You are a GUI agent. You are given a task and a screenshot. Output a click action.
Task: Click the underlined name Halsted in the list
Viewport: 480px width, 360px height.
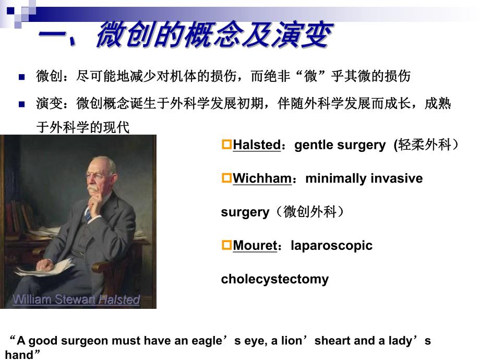[257, 146]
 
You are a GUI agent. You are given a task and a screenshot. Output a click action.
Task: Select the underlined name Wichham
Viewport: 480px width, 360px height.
[262, 179]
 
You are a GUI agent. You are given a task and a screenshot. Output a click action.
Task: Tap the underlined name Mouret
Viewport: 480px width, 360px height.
[255, 246]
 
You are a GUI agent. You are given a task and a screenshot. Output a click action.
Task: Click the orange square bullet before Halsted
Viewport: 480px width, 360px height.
[226, 145]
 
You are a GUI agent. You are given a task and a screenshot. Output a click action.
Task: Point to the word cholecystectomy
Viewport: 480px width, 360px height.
[274, 279]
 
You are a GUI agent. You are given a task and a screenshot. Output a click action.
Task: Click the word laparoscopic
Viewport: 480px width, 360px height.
[331, 246]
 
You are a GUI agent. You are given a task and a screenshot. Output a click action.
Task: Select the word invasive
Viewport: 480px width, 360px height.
[397, 179]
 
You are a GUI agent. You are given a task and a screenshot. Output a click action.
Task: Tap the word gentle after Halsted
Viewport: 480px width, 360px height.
[312, 146]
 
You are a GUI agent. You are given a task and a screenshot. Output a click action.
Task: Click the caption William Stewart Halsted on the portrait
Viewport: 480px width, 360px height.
[76, 300]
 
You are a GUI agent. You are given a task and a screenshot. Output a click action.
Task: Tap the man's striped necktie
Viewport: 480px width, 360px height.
[89, 213]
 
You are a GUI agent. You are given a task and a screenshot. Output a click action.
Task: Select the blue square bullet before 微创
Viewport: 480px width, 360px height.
[22, 77]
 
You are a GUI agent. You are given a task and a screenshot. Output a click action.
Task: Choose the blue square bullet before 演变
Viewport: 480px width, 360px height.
[22, 104]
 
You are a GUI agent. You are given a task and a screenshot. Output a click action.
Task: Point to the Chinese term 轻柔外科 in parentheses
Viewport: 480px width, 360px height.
[424, 146]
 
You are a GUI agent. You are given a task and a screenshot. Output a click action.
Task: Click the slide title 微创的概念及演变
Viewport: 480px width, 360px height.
[214, 35]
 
